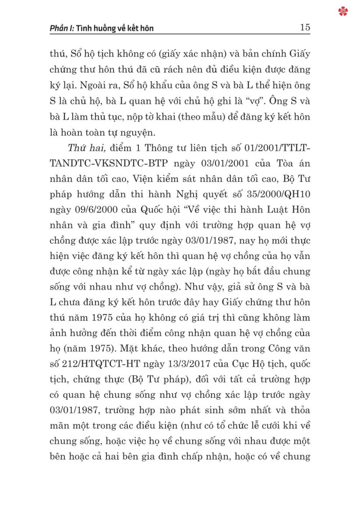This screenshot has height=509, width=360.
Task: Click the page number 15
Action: tap(305, 27)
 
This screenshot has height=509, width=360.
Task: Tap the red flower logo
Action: tap(343, 12)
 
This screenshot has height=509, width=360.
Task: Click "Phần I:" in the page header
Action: tap(62, 28)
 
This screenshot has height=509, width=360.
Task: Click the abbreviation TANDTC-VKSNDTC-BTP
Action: tap(109, 163)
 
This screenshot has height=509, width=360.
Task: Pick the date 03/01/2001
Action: tap(225, 163)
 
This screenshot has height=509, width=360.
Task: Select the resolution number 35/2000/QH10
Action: tap(278, 194)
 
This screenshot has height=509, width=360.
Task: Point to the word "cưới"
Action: tap(274, 425)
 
